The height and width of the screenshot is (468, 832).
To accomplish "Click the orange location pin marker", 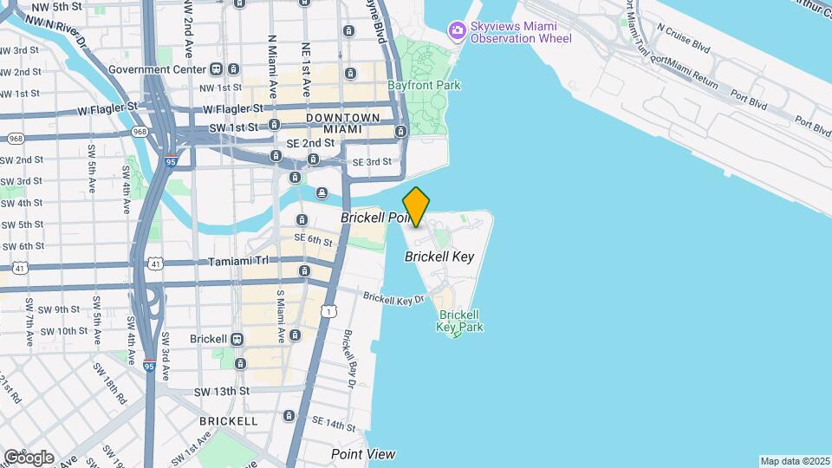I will coord(416,206).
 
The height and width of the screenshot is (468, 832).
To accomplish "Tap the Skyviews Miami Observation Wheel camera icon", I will coord(456,30).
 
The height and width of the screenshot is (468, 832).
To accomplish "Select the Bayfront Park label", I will coord(424,85).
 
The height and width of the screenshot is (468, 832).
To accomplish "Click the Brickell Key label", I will coord(439,257).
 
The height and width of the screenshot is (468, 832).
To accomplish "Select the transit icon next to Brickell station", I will coord(236,339).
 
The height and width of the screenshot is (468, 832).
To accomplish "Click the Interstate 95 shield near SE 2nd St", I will coord(171,161).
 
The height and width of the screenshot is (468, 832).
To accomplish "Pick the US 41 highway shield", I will coord(19,269).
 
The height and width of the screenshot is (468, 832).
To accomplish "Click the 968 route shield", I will coord(140,132).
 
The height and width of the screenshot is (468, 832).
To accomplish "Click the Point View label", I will coord(363,454).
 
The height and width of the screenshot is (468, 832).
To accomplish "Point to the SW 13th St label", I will coord(221,391).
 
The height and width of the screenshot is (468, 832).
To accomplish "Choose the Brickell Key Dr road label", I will coord(393,298).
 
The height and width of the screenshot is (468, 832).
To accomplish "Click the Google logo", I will coord(28,457).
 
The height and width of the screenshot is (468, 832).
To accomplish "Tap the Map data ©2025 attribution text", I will coord(795,461).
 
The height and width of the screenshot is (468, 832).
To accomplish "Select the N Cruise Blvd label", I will coord(689,39).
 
